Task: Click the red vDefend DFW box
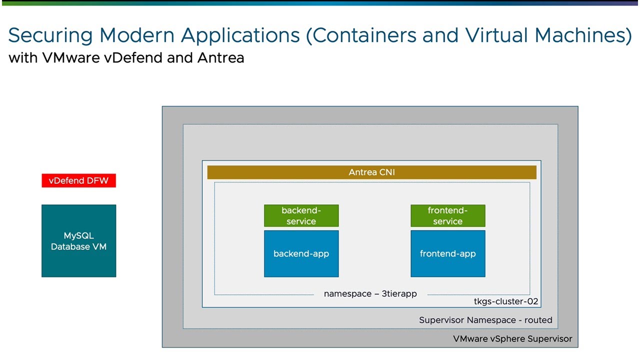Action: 78,180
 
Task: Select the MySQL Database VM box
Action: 78,241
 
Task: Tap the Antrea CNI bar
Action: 371,172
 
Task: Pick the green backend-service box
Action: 301,215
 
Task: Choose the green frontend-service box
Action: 447,215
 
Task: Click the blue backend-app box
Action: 301,253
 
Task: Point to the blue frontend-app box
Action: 447,253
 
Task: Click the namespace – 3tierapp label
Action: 370,294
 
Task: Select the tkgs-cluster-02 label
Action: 506,301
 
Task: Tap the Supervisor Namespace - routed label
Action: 485,320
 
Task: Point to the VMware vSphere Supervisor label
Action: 512,338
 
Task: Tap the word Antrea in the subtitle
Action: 220,58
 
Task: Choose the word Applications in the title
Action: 240,36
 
